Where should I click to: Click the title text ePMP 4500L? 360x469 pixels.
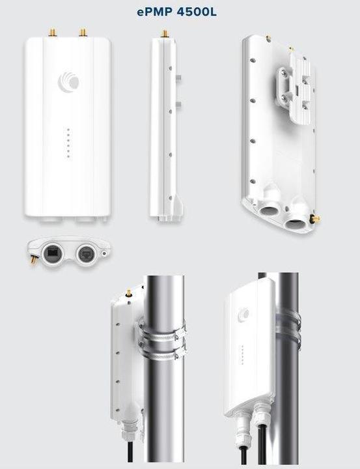tap(176, 12)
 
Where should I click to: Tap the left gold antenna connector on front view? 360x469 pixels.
tap(53, 33)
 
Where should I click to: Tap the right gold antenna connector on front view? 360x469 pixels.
tap(83, 33)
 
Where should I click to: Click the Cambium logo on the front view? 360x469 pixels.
tap(68, 80)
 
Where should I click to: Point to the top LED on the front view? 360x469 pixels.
tap(68, 130)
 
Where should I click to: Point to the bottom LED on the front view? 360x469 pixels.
tap(68, 156)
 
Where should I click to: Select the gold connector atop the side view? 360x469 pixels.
tap(164, 33)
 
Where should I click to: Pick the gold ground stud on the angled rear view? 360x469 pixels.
tap(315, 219)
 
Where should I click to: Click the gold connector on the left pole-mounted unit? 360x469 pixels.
tap(129, 293)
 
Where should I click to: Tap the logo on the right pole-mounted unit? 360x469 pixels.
tap(243, 314)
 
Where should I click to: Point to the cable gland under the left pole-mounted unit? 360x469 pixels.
tap(129, 431)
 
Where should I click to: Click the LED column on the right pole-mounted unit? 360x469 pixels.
tap(242, 355)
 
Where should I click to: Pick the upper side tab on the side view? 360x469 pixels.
tap(179, 79)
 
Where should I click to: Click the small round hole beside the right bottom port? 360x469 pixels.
tap(104, 253)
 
